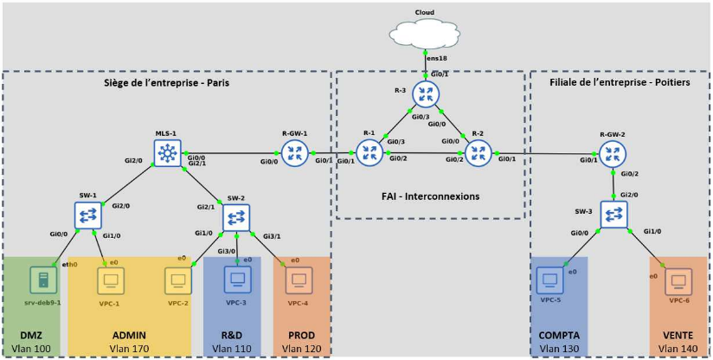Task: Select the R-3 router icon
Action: pyautogui.click(x=425, y=93)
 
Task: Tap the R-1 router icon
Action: pyautogui.click(x=369, y=153)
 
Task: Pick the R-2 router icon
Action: pyautogui.click(x=477, y=153)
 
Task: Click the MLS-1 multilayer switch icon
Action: pyautogui.click(x=166, y=154)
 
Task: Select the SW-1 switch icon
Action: pyautogui.click(x=88, y=214)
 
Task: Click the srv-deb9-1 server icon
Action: pyautogui.click(x=40, y=279)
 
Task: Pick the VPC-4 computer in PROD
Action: pyautogui.click(x=299, y=280)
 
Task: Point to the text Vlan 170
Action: pyautogui.click(x=130, y=349)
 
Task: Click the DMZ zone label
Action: pyautogui.click(x=20, y=336)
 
